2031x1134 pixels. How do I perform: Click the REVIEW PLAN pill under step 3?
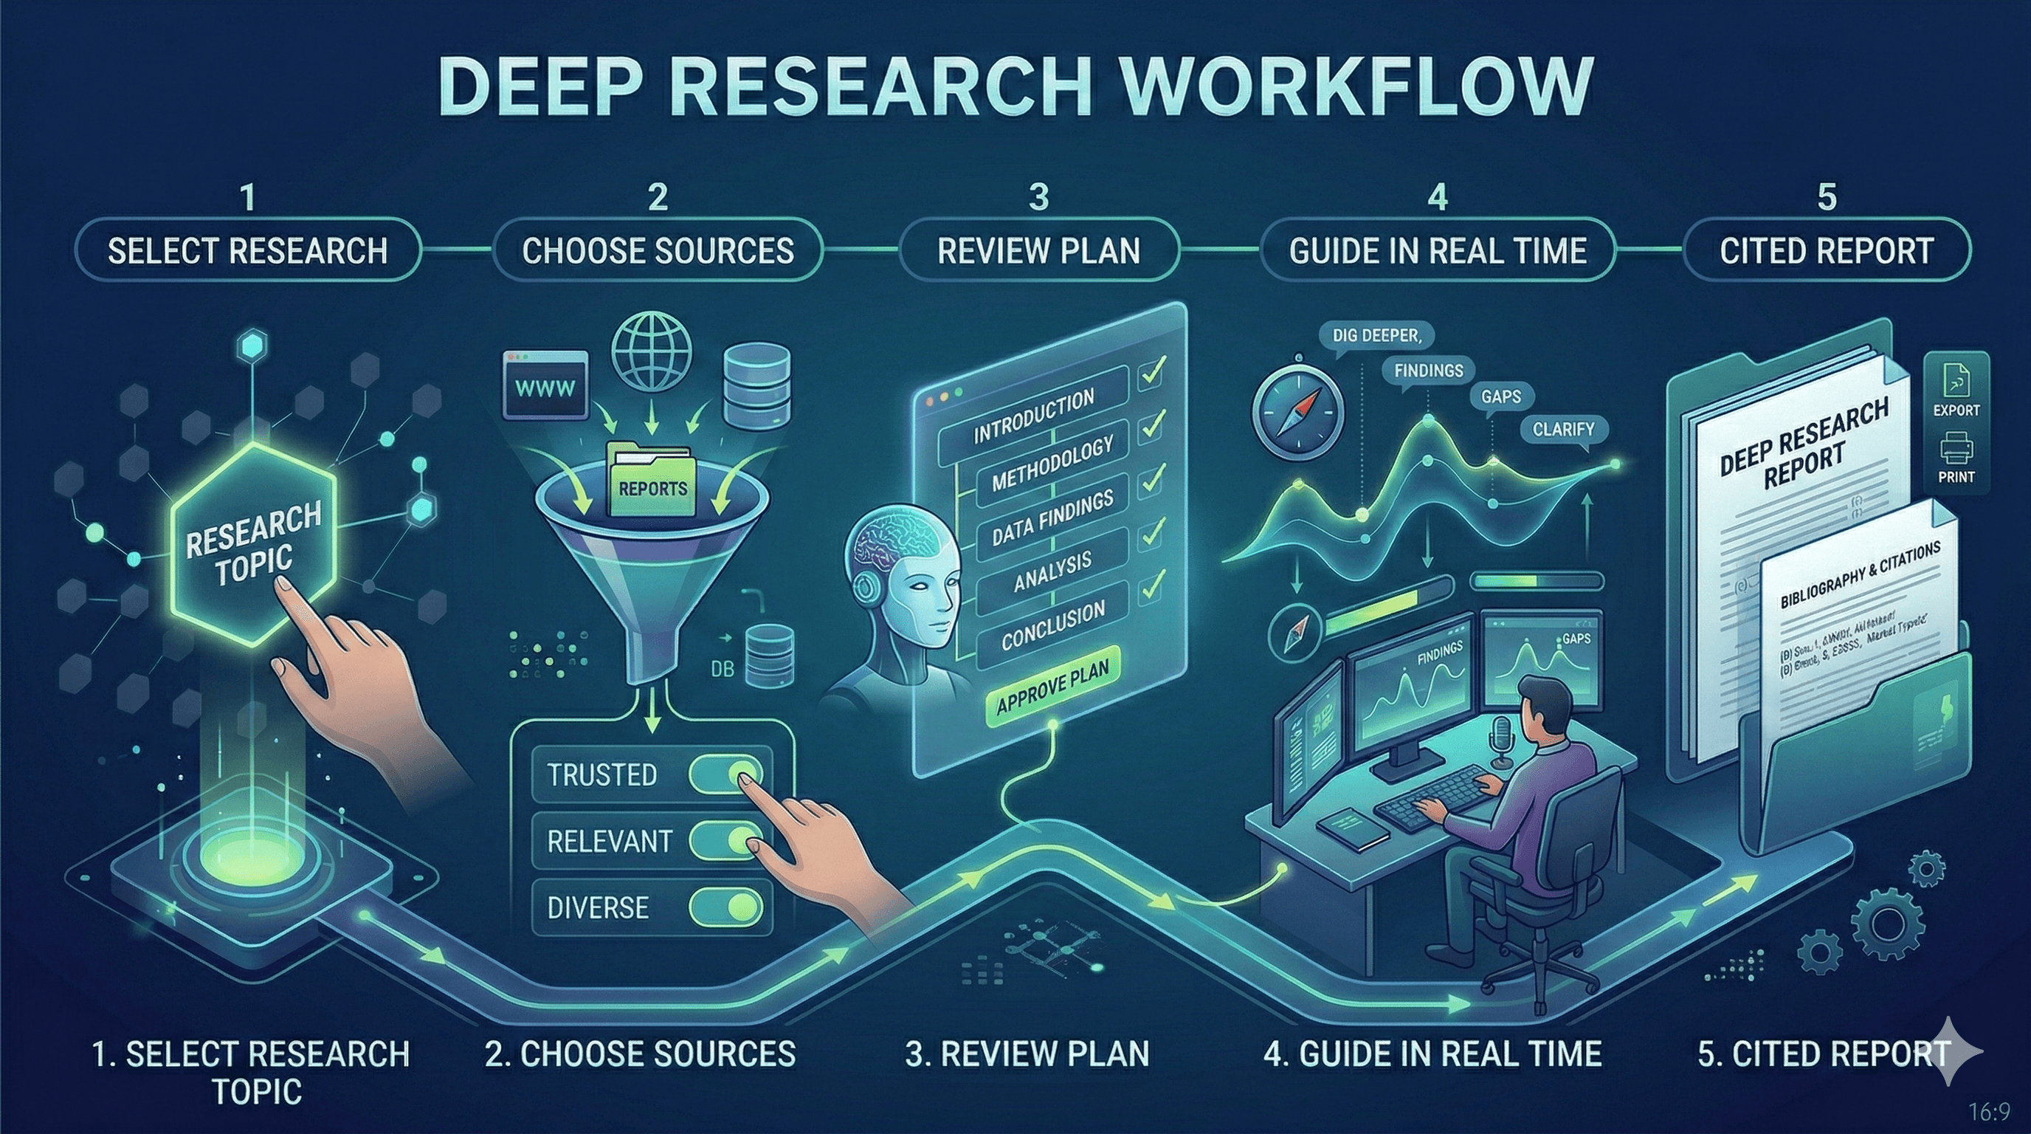click(1038, 251)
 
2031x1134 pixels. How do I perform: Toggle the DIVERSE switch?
click(726, 907)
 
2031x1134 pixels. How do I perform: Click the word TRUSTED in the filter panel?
click(601, 774)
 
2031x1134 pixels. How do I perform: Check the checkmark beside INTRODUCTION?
click(1153, 371)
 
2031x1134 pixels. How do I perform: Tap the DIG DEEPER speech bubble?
click(1376, 336)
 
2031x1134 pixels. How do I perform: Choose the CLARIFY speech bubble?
click(1562, 430)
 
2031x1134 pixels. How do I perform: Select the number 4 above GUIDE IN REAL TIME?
click(1438, 197)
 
